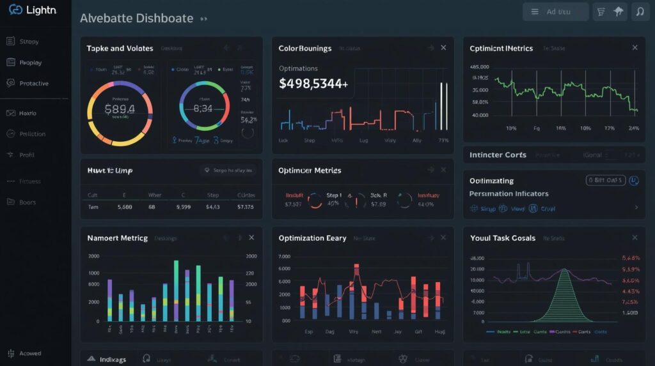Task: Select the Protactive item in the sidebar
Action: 33,84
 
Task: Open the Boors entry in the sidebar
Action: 28,202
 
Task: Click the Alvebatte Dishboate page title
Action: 136,19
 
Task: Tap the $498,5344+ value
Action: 313,83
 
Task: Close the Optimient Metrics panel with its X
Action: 635,48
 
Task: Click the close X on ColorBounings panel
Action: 443,48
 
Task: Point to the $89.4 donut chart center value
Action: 120,109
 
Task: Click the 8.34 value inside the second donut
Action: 202,109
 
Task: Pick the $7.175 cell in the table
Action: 245,207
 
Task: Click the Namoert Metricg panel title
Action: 117,238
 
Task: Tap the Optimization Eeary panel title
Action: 312,238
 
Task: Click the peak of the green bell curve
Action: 564,270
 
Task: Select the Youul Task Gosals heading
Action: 503,238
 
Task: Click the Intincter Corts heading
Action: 498,155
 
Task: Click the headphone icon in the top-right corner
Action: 638,11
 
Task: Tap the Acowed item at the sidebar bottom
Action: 30,353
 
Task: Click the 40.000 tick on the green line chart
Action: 480,116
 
